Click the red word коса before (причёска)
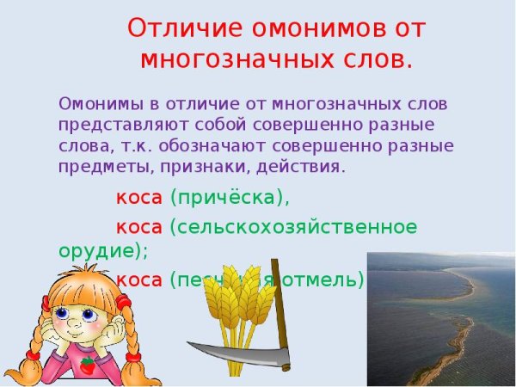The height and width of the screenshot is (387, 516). tap(139, 198)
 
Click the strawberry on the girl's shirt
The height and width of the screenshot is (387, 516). tap(88, 365)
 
